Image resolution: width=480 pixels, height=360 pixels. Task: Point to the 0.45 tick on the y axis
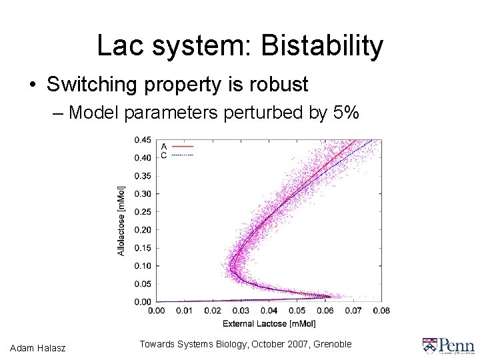click(x=142, y=140)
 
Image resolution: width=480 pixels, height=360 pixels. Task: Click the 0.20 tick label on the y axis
click(x=142, y=230)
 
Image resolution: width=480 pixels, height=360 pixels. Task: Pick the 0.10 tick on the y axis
click(x=142, y=266)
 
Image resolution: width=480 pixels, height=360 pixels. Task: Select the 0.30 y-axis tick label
click(x=142, y=194)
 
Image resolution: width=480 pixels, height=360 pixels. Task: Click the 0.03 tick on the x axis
click(x=241, y=311)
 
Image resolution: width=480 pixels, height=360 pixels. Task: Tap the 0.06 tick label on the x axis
click(x=325, y=311)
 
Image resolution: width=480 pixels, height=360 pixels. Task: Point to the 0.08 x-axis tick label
click(x=381, y=311)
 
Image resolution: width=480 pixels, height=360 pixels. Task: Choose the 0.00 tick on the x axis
click(x=157, y=311)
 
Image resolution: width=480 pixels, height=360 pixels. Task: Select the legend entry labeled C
click(x=177, y=155)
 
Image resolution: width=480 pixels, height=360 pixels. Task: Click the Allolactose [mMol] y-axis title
click(x=121, y=220)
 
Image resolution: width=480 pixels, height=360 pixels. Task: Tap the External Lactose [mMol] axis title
click(x=269, y=323)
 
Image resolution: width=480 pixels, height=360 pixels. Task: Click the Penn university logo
click(x=448, y=345)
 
